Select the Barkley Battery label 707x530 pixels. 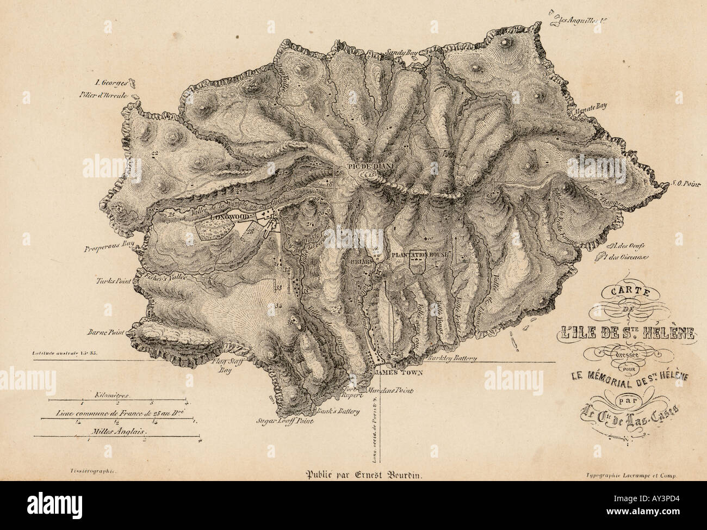point(452,358)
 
